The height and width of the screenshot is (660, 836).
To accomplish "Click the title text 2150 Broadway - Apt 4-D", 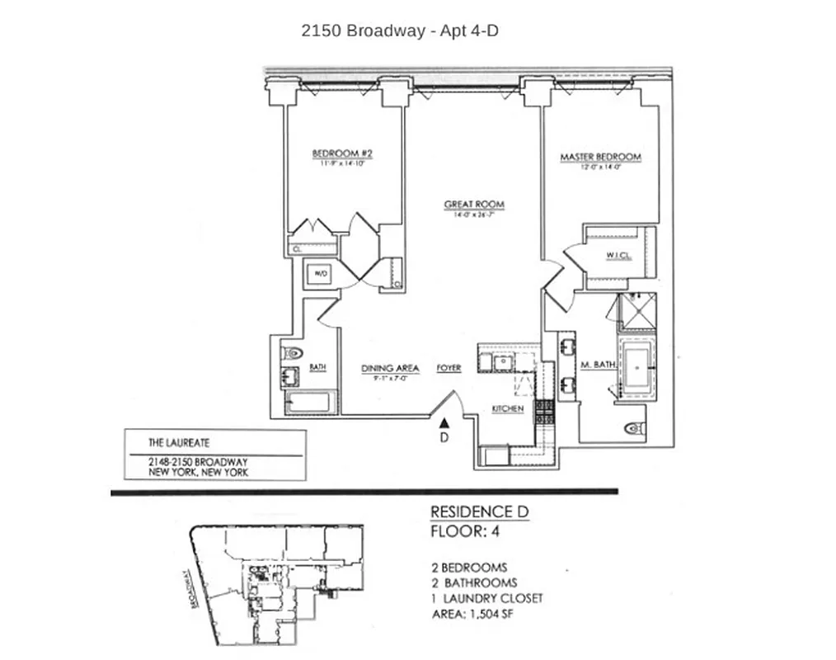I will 401,31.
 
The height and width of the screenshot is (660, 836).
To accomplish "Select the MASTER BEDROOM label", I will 600,157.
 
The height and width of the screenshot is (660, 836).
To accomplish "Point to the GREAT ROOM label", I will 473,205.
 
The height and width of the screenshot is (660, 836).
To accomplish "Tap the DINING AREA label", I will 390,368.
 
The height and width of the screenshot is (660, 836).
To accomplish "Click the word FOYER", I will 449,368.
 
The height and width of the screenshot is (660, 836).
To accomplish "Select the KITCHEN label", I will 508,409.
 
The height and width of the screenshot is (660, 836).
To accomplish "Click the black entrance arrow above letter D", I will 444,422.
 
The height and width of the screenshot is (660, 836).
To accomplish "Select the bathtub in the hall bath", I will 308,403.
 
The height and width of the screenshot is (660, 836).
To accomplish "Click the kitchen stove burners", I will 544,411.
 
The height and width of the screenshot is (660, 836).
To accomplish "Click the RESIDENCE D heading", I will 479,512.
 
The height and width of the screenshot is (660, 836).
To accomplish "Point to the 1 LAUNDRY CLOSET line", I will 487,598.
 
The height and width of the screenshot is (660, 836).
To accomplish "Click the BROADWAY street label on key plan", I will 195,588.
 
